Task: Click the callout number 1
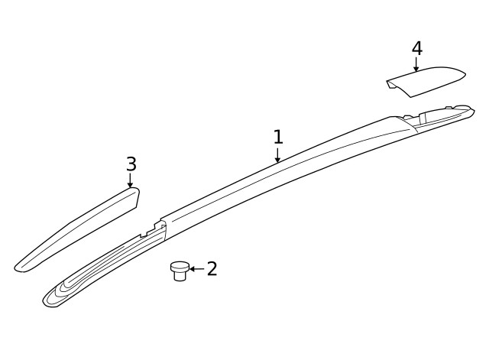(278, 138)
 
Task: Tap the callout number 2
(212, 268)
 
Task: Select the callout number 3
(131, 164)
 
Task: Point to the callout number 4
(416, 48)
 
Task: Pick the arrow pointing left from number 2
(196, 269)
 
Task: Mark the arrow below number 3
(131, 181)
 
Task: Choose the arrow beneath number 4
(416, 66)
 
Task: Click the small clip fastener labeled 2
(180, 270)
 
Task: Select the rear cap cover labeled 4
(425, 81)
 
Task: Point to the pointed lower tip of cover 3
(20, 268)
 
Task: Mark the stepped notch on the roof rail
(157, 226)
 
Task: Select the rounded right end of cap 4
(460, 74)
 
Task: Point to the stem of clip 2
(180, 276)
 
